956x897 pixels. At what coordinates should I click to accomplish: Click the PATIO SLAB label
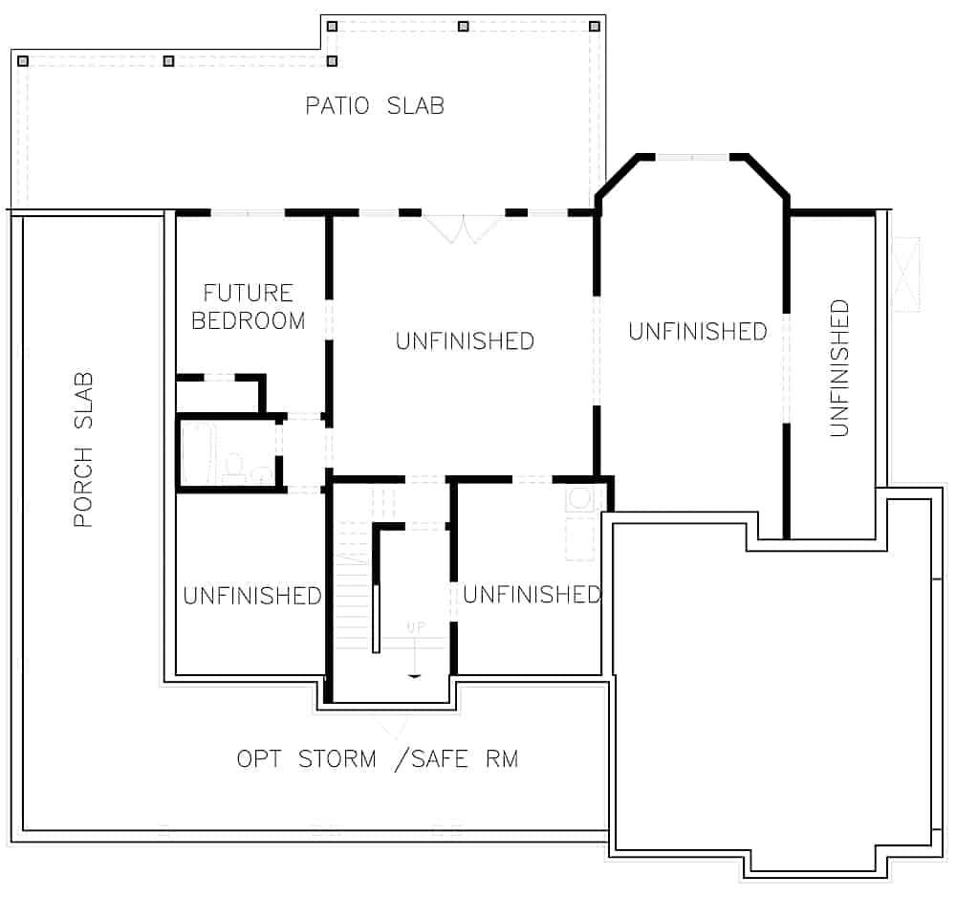click(375, 105)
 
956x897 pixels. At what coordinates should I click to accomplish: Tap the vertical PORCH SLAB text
click(84, 449)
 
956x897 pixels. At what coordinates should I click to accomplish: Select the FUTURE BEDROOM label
click(248, 306)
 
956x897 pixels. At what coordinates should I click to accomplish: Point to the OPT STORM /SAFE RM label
click(378, 759)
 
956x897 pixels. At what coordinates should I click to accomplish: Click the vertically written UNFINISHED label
click(839, 368)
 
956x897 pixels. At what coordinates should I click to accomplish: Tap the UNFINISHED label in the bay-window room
click(697, 331)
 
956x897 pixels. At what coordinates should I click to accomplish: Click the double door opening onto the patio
click(464, 228)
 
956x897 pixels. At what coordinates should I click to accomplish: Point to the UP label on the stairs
click(415, 628)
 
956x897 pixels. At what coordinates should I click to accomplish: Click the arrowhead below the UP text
click(414, 675)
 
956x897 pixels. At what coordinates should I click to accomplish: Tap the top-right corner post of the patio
click(595, 26)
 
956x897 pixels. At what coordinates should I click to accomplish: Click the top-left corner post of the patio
click(23, 60)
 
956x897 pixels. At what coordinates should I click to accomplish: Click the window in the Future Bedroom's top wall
click(248, 212)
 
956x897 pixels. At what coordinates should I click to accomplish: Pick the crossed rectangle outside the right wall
click(904, 273)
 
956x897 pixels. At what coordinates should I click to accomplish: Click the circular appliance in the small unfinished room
click(579, 497)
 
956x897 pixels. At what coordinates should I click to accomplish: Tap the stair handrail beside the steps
click(377, 619)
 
